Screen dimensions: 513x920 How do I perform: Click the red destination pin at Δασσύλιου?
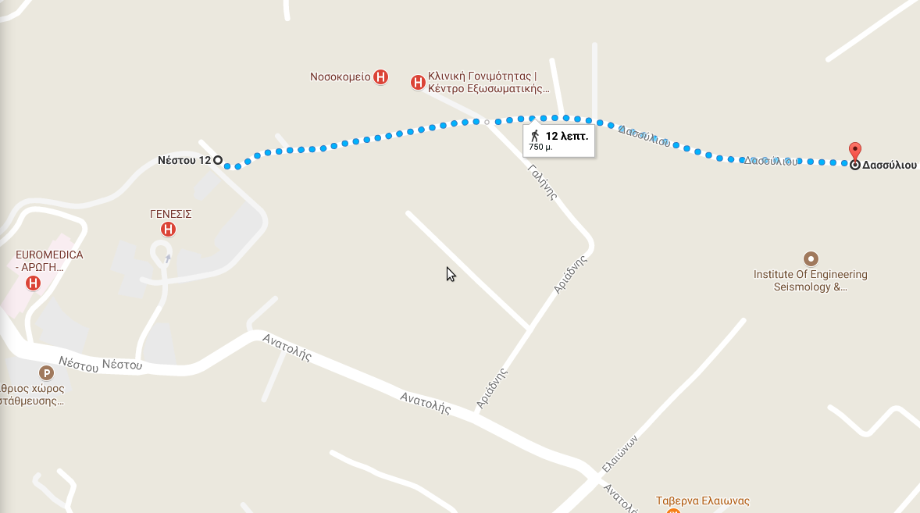855,151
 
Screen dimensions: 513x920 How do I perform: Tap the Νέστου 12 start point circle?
218,160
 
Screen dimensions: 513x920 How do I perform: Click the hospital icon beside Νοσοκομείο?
380,77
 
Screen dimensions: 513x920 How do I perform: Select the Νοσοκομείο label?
340,77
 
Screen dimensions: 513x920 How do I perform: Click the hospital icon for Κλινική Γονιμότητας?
418,81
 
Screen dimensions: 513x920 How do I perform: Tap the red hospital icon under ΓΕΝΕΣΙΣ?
167,229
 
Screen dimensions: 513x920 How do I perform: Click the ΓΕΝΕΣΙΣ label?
171,213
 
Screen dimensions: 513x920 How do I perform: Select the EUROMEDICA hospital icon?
33,283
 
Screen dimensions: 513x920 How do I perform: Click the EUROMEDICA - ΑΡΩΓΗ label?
49,261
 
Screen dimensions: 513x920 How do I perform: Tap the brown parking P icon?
47,374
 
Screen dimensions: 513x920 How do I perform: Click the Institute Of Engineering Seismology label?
810,280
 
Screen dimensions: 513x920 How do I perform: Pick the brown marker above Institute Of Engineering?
811,258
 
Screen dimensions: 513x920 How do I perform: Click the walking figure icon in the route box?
535,136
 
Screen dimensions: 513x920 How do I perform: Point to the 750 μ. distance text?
540,147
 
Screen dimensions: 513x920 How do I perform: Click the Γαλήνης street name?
541,183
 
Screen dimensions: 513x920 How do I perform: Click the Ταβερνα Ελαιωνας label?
702,501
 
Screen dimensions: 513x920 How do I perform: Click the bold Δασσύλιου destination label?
890,166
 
